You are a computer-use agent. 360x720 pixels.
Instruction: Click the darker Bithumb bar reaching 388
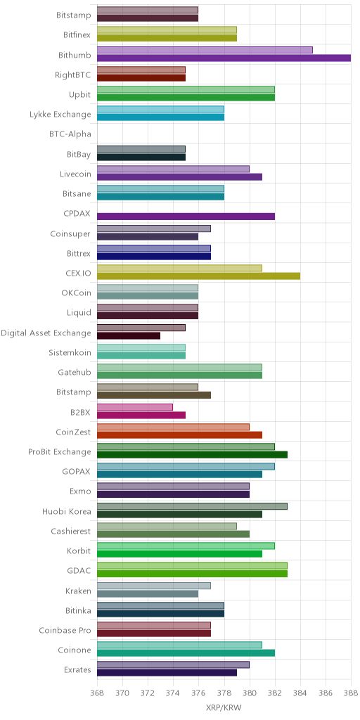(224, 58)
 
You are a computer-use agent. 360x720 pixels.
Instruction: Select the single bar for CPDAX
(186, 217)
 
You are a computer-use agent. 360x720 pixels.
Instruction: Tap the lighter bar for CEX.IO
(179, 268)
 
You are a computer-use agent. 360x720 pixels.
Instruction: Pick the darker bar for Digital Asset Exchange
(129, 335)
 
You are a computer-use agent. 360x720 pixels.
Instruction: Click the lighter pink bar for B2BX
(135, 407)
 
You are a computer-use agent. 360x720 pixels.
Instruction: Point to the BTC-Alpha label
(70, 134)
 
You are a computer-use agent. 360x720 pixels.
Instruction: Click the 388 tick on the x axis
(351, 693)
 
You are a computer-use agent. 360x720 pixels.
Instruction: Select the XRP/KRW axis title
(224, 707)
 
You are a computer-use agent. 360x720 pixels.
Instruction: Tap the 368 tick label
(97, 693)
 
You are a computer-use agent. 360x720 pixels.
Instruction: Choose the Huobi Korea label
(67, 511)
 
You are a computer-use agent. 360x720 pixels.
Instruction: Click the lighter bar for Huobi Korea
(193, 506)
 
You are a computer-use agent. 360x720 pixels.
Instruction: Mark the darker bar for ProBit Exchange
(193, 455)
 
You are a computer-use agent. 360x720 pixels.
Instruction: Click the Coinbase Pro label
(65, 631)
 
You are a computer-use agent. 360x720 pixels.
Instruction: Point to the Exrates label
(77, 670)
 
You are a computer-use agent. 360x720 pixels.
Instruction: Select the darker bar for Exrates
(167, 673)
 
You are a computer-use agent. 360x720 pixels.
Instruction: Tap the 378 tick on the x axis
(224, 693)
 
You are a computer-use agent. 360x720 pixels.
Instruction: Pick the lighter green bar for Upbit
(186, 89)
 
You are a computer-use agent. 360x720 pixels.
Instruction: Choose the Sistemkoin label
(70, 353)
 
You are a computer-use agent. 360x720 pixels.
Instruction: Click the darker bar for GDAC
(193, 574)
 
